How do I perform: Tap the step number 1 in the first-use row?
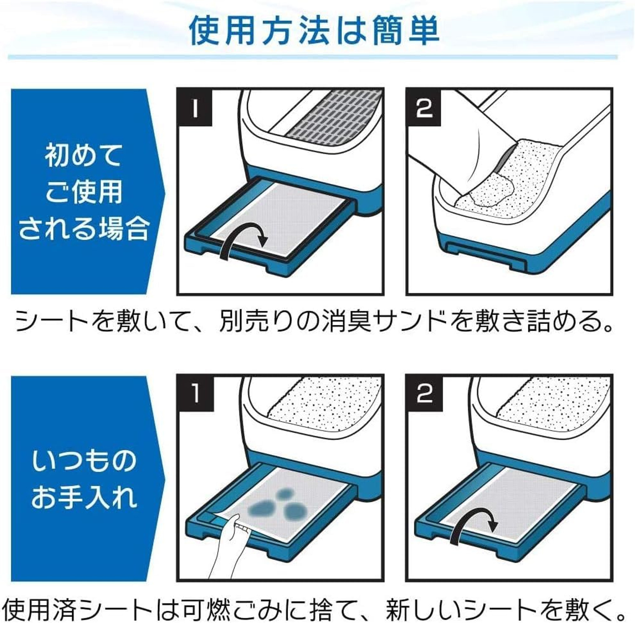(x=195, y=108)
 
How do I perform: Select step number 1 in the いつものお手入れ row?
(x=196, y=394)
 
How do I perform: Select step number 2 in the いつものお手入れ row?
(x=425, y=394)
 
